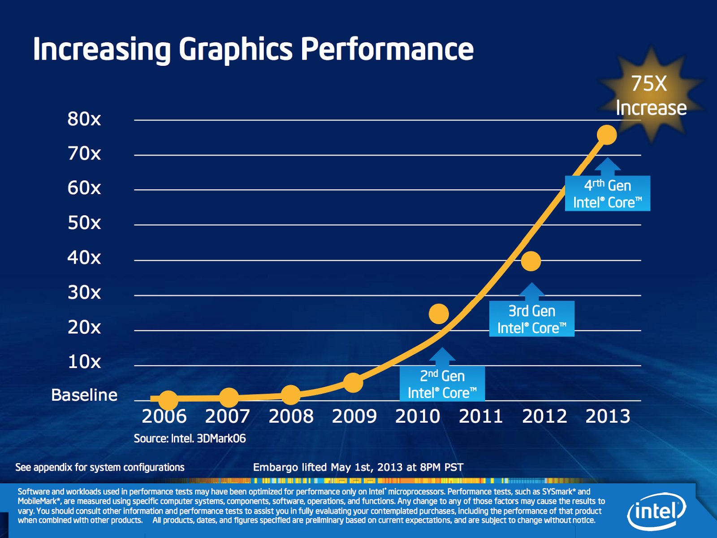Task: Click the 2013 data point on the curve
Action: click(607, 135)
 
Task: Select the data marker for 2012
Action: click(531, 261)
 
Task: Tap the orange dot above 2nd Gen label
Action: click(439, 313)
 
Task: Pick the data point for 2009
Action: click(353, 382)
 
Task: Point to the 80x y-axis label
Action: click(84, 119)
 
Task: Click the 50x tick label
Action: click(84, 223)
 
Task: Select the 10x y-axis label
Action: click(84, 362)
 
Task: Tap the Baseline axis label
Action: click(84, 395)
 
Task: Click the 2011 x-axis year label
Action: click(481, 417)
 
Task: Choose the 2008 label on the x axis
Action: click(291, 417)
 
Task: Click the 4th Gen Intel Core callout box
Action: click(607, 194)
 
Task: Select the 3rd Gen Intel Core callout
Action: click(531, 319)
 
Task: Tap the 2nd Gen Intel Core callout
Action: click(442, 384)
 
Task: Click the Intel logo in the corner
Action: click(657, 511)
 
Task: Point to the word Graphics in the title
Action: click(236, 49)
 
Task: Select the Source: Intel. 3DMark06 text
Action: click(190, 438)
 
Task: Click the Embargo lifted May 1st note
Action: click(358, 468)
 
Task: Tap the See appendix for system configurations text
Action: click(100, 468)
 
